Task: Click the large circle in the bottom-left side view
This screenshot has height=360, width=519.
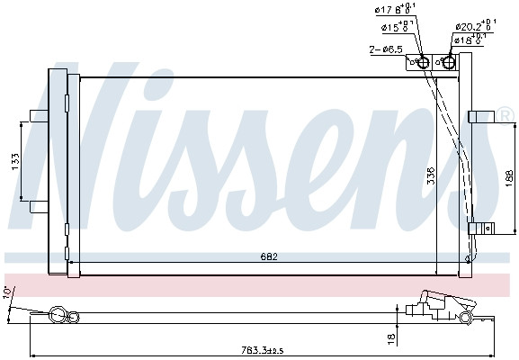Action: click(58, 315)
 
